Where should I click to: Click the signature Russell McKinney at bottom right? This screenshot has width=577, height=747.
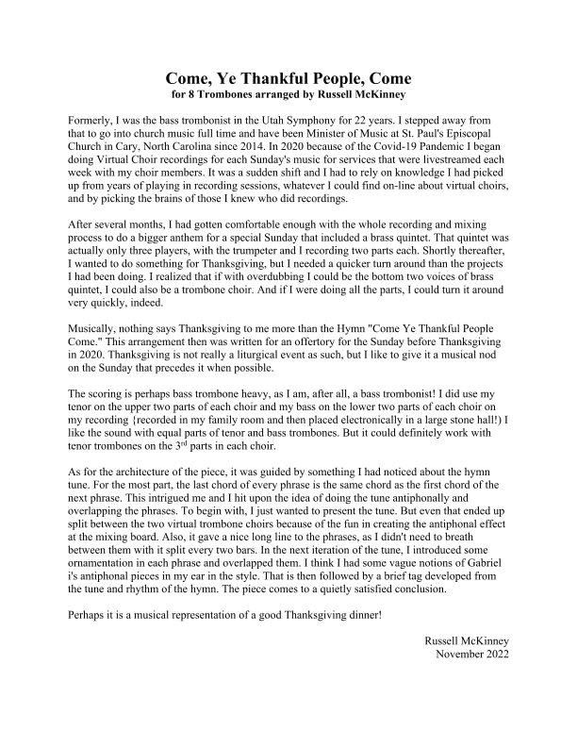tap(466, 641)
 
